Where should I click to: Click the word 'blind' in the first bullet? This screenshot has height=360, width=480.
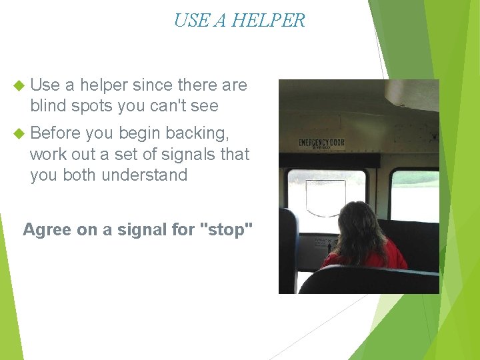(x=49, y=106)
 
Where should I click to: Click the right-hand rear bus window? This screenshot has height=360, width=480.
(x=414, y=194)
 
